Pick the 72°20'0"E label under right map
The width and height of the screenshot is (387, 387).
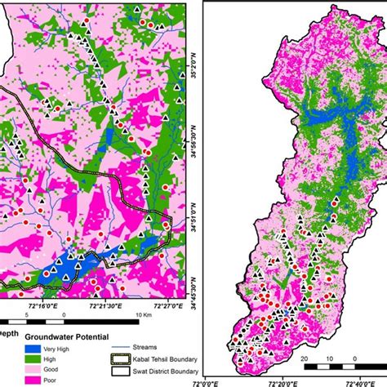(x=286, y=381)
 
